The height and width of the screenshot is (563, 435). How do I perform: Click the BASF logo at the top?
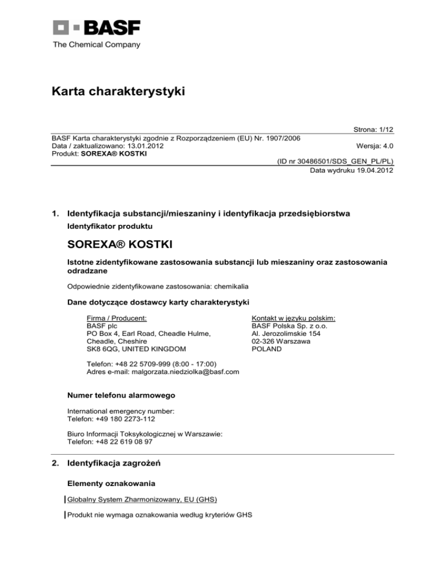tap(96, 28)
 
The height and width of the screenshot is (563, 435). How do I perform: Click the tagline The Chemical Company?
tap(96, 45)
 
